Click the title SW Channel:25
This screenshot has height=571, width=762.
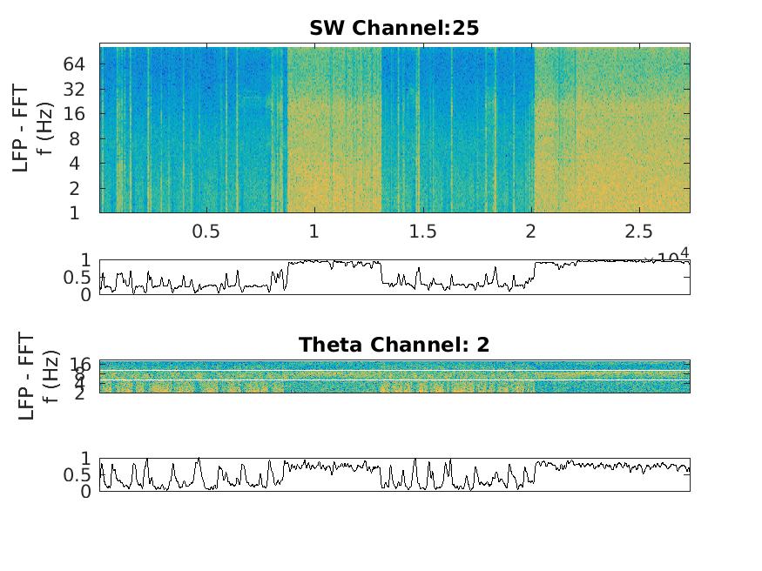(x=394, y=28)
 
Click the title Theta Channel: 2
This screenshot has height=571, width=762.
(x=394, y=345)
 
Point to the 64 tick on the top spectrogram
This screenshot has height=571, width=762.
(x=72, y=64)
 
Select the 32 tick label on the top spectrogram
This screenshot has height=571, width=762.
(x=72, y=89)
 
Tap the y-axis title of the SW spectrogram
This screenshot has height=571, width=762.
(x=30, y=128)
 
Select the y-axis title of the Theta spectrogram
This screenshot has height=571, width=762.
(x=36, y=376)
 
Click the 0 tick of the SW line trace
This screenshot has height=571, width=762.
(x=85, y=295)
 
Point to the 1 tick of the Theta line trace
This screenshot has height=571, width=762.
(x=85, y=458)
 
